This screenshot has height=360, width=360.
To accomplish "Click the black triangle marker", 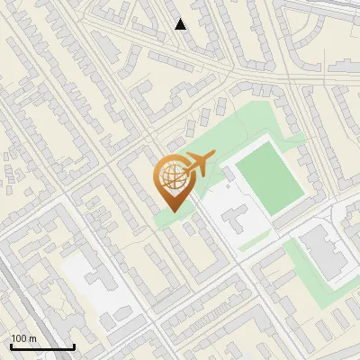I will click(x=181, y=24).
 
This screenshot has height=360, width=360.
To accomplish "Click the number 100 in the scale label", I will click(x=19, y=338).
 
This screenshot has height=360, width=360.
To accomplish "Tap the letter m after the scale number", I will click(x=32, y=338).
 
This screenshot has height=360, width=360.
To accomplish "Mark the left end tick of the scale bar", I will click(x=10, y=346).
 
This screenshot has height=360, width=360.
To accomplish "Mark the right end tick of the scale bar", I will click(x=74, y=346).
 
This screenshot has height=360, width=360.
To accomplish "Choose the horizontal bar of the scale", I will click(x=41, y=346).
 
